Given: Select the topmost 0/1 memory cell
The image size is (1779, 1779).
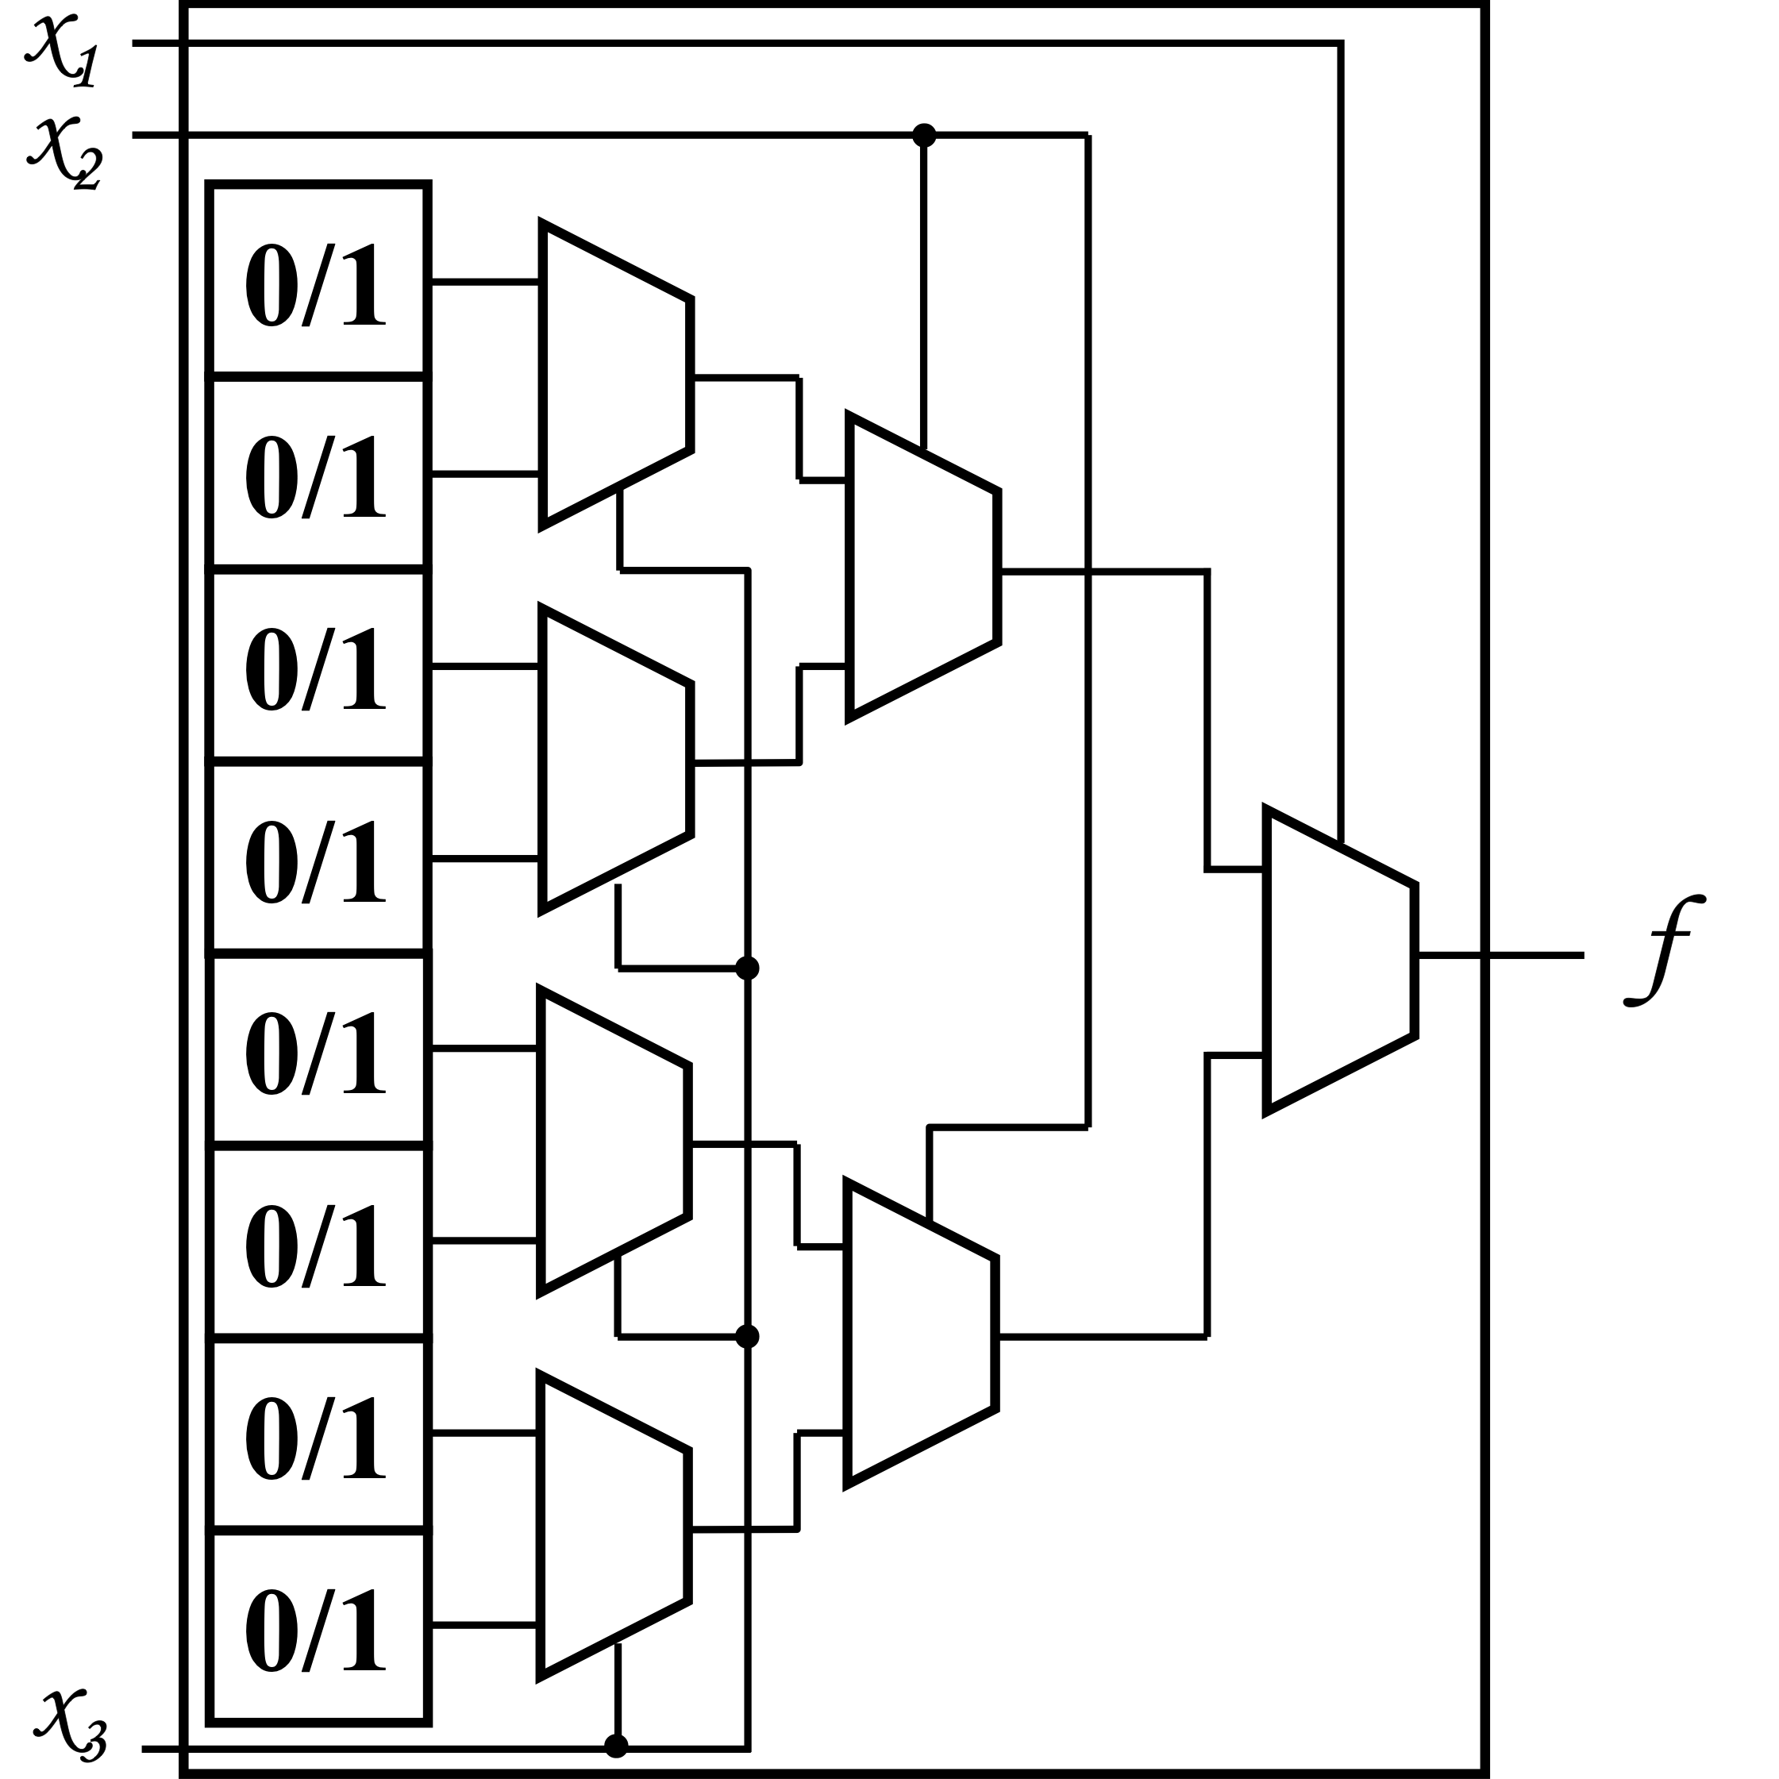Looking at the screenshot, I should click(318, 282).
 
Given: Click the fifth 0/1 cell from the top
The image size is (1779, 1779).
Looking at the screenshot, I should click(318, 1050).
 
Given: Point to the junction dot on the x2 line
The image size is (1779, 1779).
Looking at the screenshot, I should click(923, 136).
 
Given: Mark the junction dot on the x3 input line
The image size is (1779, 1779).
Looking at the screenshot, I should click(616, 1746).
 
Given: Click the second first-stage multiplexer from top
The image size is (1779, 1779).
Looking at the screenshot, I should click(615, 760).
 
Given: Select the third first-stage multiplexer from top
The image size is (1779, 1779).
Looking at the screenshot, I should click(614, 1142).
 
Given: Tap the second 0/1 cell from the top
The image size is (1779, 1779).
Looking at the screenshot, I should click(318, 474).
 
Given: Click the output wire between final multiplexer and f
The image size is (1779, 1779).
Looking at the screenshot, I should click(1501, 956).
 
